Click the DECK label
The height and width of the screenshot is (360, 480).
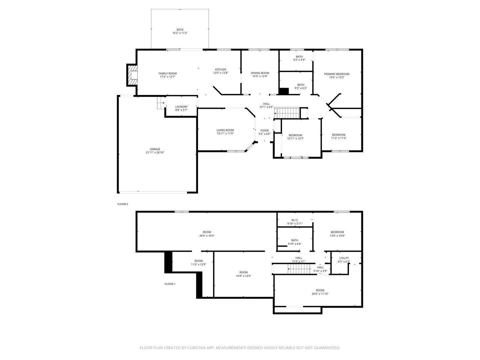tap(180, 30)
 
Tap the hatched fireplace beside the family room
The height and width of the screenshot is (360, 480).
tap(132, 75)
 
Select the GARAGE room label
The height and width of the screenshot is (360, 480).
tap(155, 149)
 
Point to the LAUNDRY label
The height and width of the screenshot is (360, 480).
tap(181, 107)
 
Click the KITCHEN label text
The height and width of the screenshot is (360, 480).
tap(220, 70)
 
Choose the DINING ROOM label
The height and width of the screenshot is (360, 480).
tap(260, 73)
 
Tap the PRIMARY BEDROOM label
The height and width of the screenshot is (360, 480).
tap(337, 74)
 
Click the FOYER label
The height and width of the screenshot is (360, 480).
tap(264, 130)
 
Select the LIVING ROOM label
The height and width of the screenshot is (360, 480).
tap(225, 130)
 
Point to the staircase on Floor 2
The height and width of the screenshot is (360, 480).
tap(287, 113)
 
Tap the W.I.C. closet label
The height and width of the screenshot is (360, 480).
tap(295, 220)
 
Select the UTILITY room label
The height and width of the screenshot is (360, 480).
tap(344, 258)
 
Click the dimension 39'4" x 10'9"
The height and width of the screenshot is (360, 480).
tap(207, 236)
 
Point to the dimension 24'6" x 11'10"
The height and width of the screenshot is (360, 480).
tap(320, 294)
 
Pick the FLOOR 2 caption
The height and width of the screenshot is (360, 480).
tap(123, 204)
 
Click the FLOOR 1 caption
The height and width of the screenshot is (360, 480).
tap(170, 284)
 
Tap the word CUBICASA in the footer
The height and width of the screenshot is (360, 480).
tap(196, 348)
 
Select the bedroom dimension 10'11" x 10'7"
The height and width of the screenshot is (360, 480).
tap(295, 138)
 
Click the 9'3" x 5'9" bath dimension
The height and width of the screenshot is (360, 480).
tap(299, 60)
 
